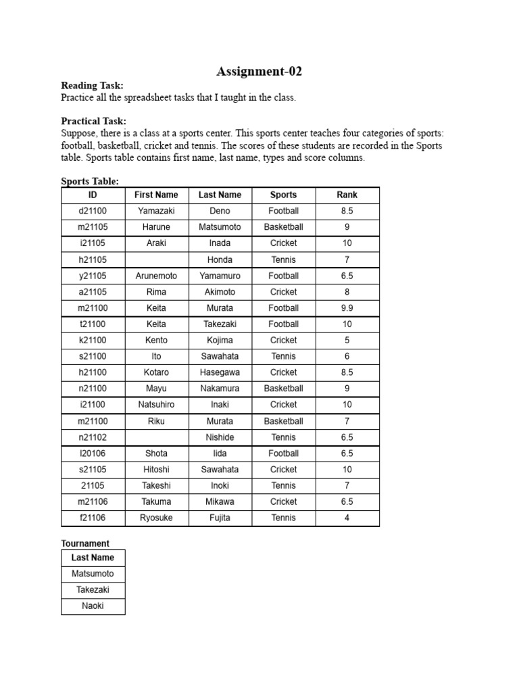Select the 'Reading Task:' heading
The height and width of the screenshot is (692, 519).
coord(92,86)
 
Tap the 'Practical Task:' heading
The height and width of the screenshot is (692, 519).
coord(93,121)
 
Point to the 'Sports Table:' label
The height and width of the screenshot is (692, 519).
coord(90,181)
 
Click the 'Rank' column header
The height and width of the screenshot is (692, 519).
coord(347,195)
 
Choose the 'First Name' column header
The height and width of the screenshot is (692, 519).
coord(156,195)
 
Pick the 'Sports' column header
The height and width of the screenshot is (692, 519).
coord(283,195)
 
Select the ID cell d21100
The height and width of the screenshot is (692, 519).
coord(93,211)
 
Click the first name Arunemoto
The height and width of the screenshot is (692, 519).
coord(156,276)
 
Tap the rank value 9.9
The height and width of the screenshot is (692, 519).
coord(347,308)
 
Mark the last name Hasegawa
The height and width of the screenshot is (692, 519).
coord(220,372)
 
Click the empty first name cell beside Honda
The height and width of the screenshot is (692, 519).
coord(156,259)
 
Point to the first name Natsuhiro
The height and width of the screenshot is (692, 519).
coord(156,405)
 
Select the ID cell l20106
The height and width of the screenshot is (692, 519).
coord(93,453)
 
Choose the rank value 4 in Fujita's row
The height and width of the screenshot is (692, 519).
coord(347,518)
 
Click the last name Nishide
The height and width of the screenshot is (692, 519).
coord(220,437)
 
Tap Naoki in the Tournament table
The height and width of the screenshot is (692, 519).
coord(93,606)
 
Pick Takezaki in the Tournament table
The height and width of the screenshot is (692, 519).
coord(93,590)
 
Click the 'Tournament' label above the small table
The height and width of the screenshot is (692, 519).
coord(85,543)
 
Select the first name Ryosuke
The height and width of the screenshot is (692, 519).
coord(156,518)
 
